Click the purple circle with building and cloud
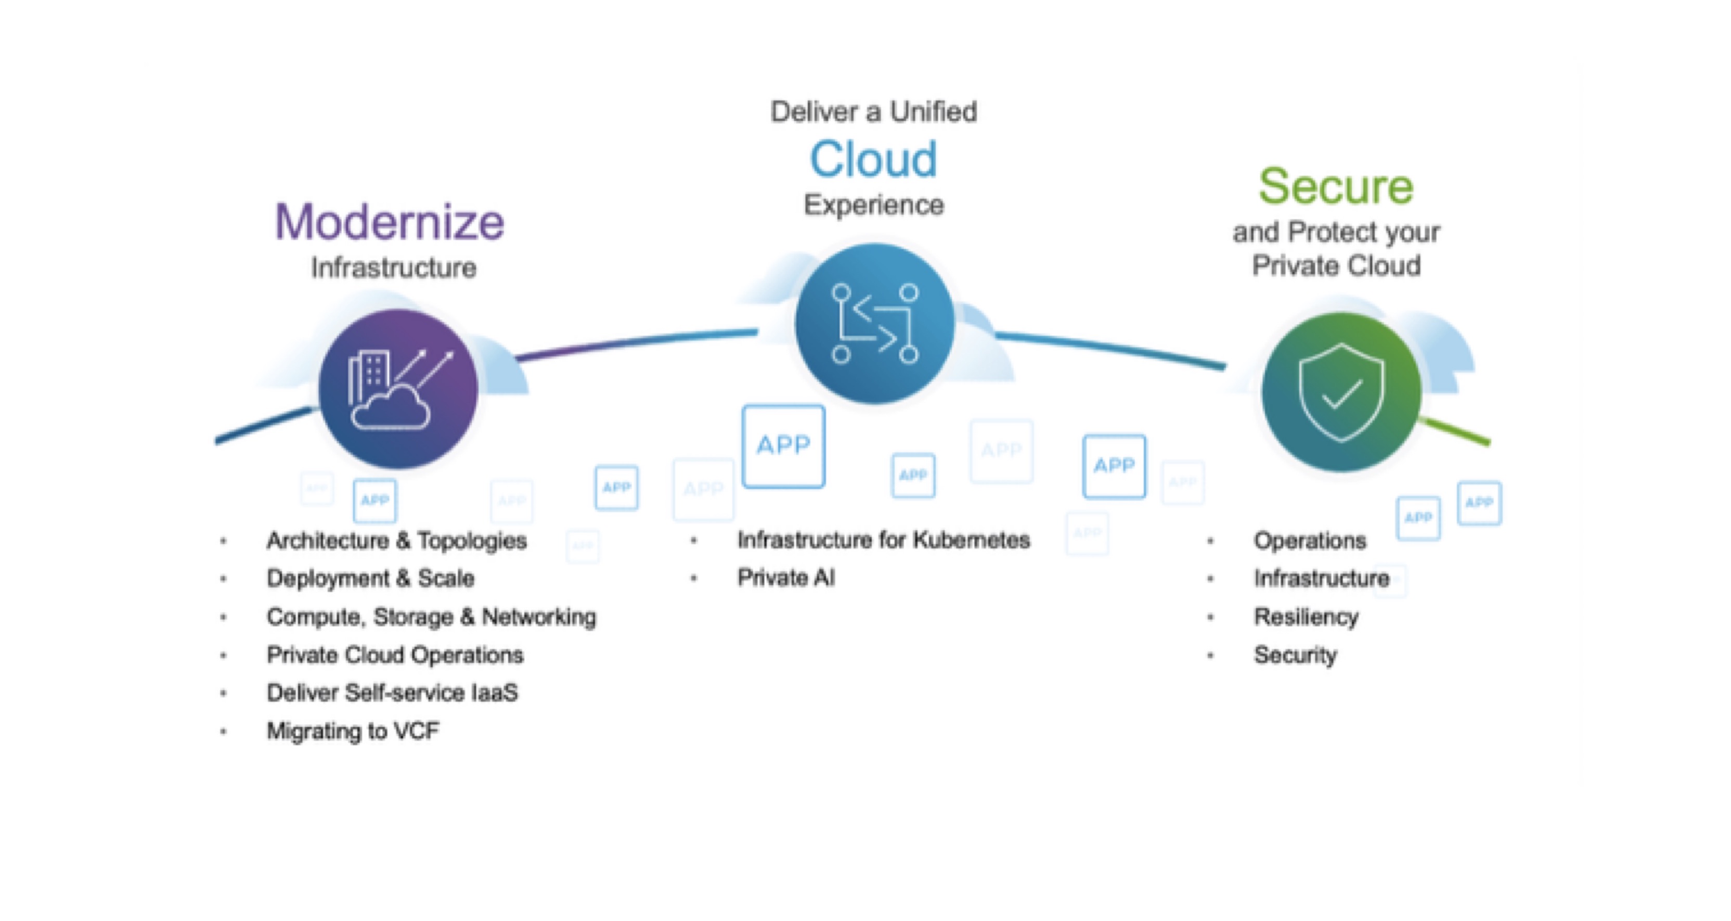(x=398, y=389)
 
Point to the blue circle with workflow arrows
(x=874, y=323)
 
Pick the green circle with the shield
(x=1341, y=392)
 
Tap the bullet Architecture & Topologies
(x=396, y=541)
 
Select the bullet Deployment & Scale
(x=370, y=578)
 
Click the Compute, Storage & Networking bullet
(x=431, y=617)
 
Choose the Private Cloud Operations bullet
(x=395, y=655)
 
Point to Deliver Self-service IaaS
(x=392, y=693)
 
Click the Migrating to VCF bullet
(x=353, y=731)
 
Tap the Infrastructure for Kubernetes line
(x=883, y=540)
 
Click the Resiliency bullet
(x=1306, y=617)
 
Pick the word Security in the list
(x=1295, y=655)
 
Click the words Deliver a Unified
(x=873, y=111)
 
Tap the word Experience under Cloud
(x=874, y=204)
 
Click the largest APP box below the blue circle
(x=783, y=446)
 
